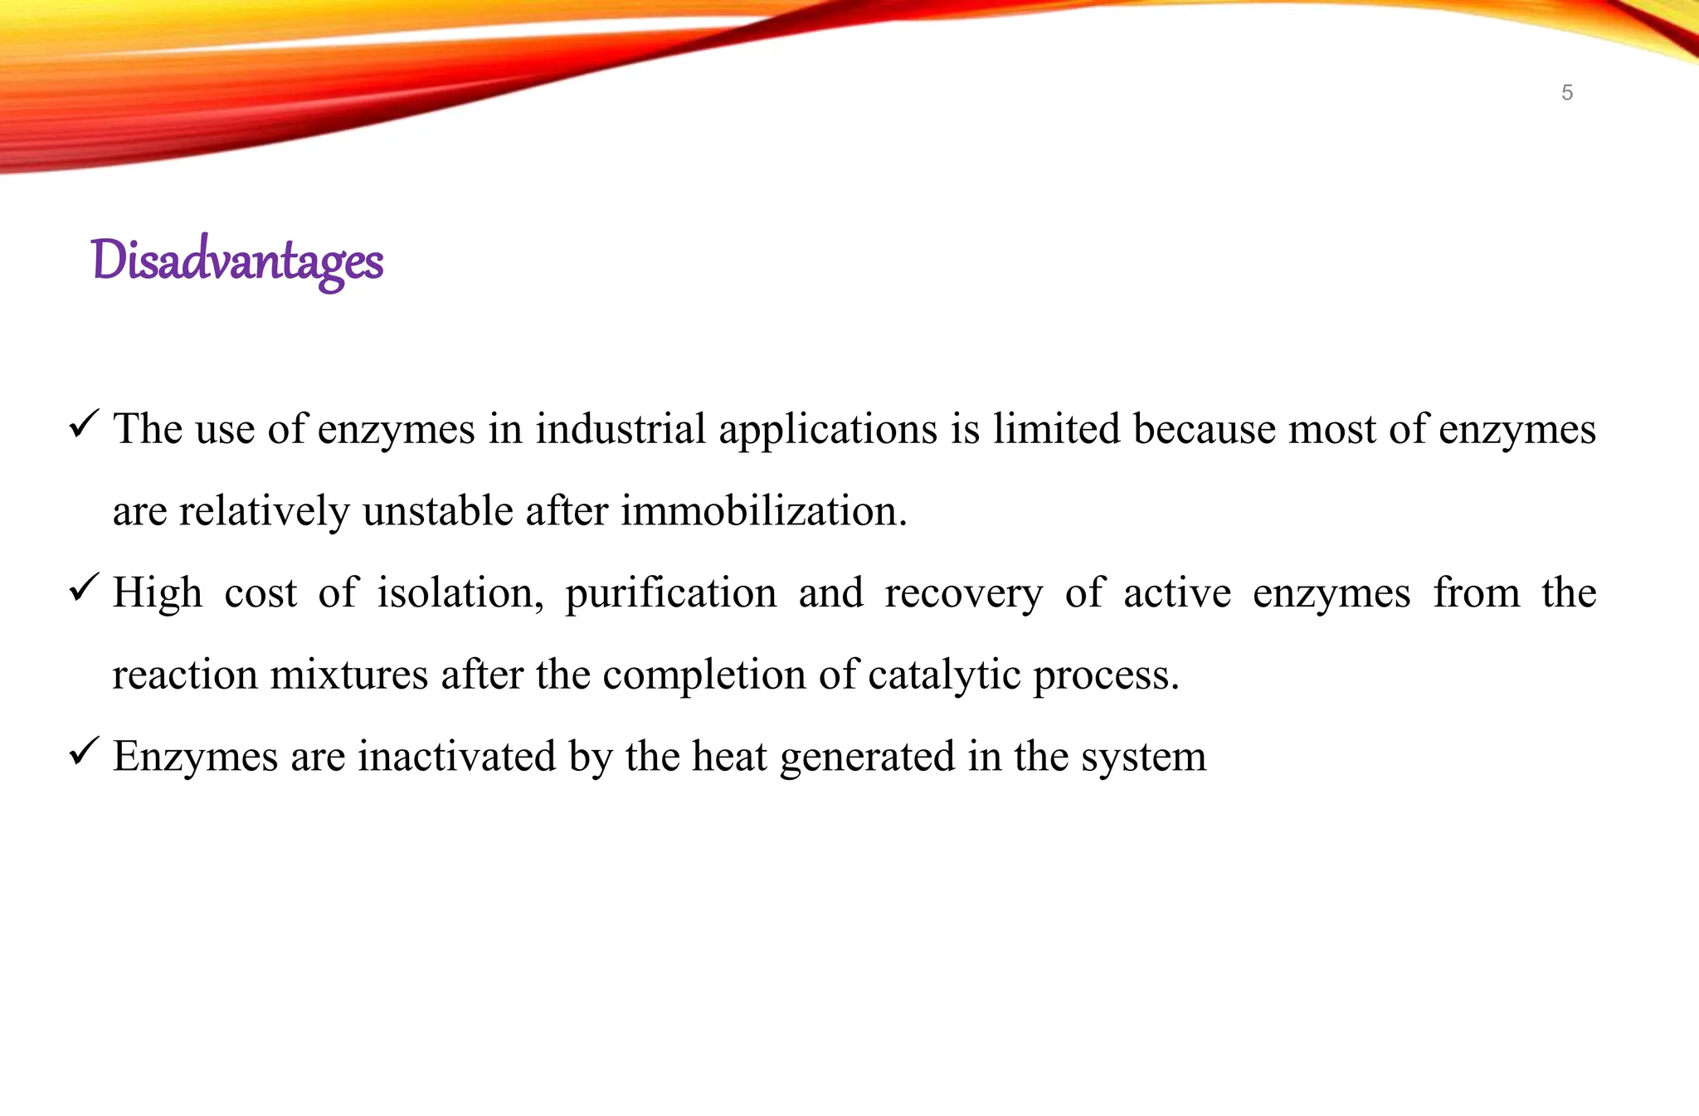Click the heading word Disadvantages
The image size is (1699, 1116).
[237, 261]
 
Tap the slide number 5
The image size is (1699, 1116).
[1566, 93]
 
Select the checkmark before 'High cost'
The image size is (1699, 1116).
[85, 587]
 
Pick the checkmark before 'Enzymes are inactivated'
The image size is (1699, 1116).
[85, 751]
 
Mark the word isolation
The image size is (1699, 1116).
[460, 593]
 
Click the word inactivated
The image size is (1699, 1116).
[456, 757]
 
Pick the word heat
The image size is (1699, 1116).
[729, 757]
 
